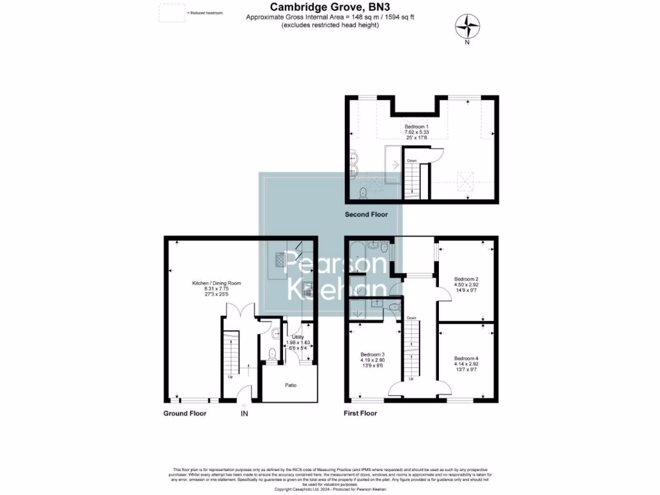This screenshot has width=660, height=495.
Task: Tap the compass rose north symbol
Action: tap(468, 27)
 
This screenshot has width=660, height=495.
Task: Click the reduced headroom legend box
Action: tap(171, 13)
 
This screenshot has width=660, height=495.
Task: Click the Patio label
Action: tap(291, 385)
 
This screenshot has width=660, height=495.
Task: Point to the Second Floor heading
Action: tap(366, 215)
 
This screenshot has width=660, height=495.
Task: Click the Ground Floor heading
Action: tap(184, 413)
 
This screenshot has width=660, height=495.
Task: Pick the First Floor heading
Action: tap(360, 413)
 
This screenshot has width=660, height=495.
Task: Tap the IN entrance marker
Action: tap(244, 413)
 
